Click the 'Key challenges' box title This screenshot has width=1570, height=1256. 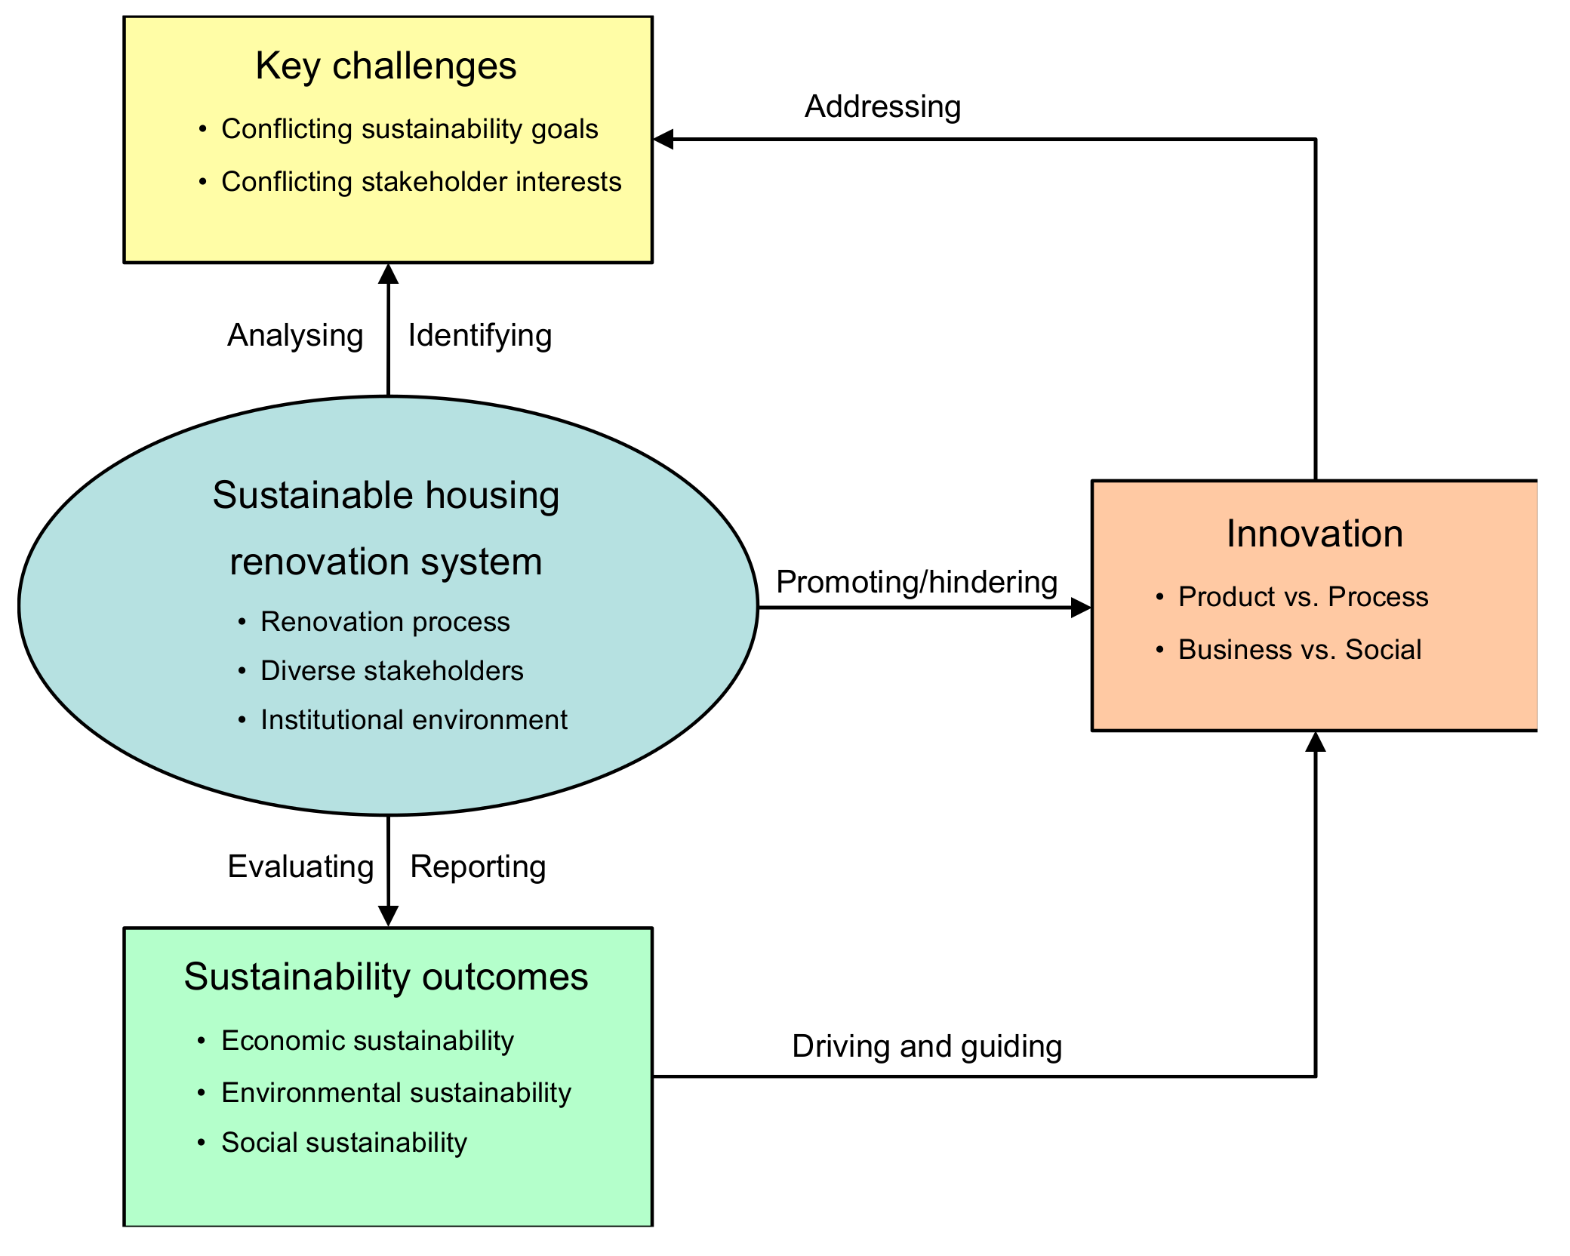[x=386, y=66]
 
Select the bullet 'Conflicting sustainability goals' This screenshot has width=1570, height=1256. [x=409, y=129]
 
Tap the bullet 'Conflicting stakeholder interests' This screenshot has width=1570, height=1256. [x=420, y=182]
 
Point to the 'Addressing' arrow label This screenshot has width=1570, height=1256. [x=882, y=106]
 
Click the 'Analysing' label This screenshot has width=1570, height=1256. [x=295, y=335]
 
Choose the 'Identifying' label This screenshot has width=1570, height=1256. [x=479, y=335]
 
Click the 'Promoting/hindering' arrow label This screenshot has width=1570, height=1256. [x=916, y=582]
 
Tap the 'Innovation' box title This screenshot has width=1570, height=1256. [x=1314, y=534]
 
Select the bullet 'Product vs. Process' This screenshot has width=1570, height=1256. [x=1303, y=597]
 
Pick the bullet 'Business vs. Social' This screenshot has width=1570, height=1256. [x=1299, y=650]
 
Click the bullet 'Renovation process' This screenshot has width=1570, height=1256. [x=385, y=622]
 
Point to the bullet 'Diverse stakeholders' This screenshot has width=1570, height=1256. [x=392, y=671]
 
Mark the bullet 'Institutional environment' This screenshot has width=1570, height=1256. [x=414, y=720]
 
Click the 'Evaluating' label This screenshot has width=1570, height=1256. [x=300, y=867]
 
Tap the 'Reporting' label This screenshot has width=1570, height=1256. [x=478, y=867]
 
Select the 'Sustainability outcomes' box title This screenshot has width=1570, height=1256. [x=386, y=977]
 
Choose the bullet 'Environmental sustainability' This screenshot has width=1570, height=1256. [x=396, y=1093]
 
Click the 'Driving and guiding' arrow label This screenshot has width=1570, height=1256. [x=927, y=1047]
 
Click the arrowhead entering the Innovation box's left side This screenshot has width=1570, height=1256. [x=1082, y=608]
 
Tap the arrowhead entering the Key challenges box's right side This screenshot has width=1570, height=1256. [x=663, y=140]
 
